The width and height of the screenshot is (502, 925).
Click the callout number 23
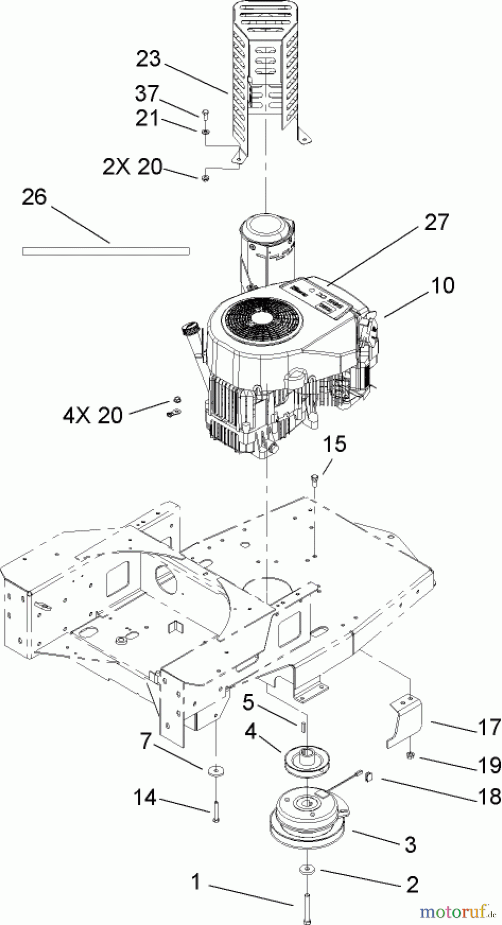click(149, 59)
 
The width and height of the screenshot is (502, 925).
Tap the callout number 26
click(34, 197)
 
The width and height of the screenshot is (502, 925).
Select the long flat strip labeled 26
click(106, 251)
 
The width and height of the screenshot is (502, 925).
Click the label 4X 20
click(93, 415)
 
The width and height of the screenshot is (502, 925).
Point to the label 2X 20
click(133, 167)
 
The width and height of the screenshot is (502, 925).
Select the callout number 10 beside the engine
click(443, 285)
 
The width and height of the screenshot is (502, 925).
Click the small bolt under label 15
click(314, 480)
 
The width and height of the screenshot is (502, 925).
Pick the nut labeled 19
click(410, 755)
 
